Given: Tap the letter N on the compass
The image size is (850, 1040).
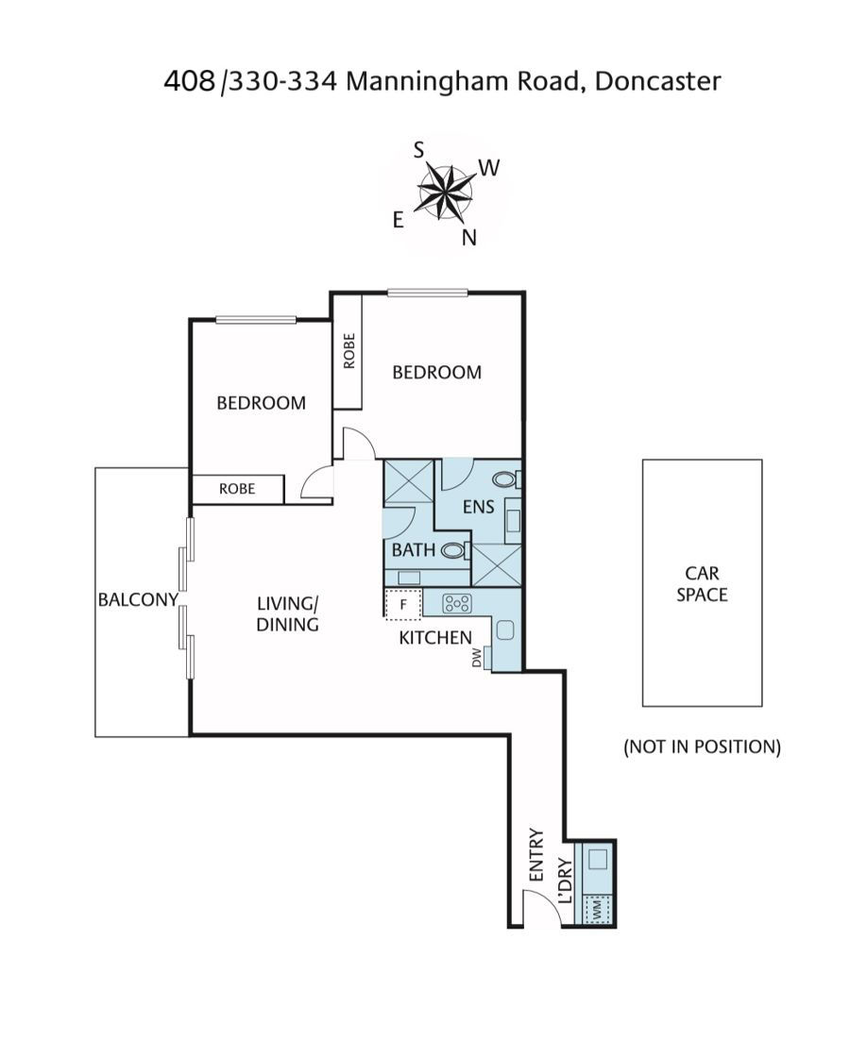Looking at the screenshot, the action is (469, 238).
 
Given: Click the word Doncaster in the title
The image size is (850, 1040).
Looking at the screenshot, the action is (657, 81).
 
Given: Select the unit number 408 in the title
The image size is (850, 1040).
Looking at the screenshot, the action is (189, 81).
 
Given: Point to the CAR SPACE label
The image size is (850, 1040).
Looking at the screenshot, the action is (702, 583).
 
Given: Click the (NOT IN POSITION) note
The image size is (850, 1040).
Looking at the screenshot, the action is (702, 746).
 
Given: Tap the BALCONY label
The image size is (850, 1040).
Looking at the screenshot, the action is (138, 599).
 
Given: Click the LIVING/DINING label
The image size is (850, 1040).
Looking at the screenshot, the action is (288, 613).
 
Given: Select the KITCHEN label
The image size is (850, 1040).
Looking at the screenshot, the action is (435, 637).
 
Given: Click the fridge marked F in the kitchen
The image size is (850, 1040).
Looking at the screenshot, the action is (403, 605).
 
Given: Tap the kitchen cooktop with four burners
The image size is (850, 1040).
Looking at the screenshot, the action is (458, 603).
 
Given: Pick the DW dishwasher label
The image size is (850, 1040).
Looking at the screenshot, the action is (476, 658).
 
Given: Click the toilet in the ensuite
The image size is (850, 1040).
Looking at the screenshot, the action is (507, 478).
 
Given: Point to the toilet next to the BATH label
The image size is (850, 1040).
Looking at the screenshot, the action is (455, 550).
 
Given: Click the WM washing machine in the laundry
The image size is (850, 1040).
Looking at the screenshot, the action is (597, 908).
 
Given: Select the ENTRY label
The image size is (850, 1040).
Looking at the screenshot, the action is (536, 855).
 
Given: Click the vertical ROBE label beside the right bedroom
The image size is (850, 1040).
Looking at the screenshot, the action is (349, 351).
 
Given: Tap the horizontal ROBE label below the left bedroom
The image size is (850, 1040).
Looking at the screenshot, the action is (237, 489).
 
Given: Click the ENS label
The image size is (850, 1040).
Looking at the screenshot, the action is (479, 507).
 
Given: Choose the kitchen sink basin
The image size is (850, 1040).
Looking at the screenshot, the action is (506, 629).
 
